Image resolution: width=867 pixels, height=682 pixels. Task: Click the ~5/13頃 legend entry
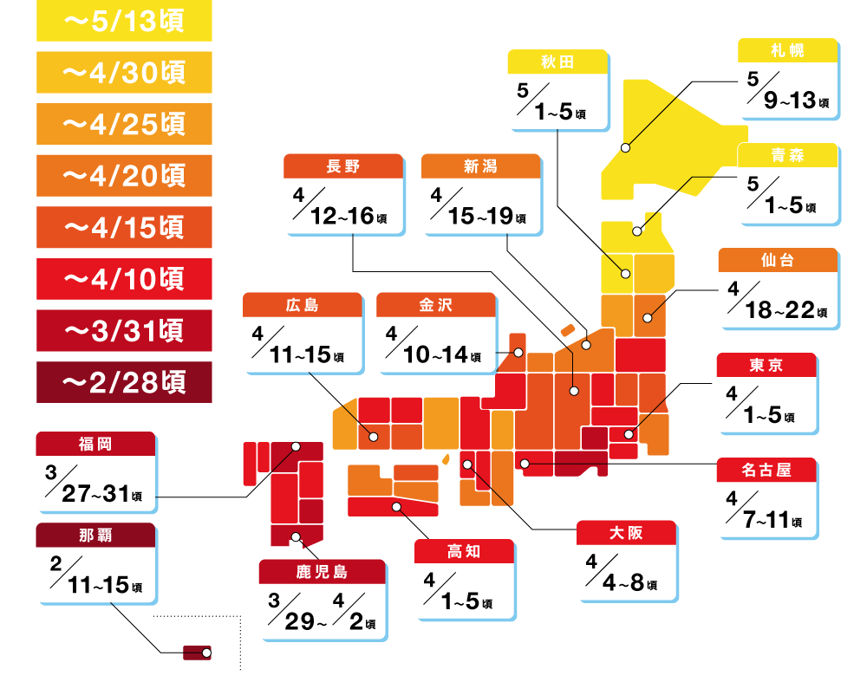point(124,21)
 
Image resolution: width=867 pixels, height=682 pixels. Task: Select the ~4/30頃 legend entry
point(124,73)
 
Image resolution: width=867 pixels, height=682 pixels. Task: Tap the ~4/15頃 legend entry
point(124,227)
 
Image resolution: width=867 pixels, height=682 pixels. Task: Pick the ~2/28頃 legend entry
point(124,381)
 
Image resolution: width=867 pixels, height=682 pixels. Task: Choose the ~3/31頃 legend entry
point(124,330)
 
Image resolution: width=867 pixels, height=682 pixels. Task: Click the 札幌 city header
point(787,50)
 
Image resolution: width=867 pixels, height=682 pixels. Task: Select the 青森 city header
point(787,155)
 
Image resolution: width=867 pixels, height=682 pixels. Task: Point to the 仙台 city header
point(778,260)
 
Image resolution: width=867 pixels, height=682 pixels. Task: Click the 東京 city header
point(766,365)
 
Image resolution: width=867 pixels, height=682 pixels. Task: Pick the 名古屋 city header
point(766,470)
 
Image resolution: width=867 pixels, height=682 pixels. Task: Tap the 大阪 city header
point(626,532)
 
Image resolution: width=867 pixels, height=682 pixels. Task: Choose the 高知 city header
point(464,551)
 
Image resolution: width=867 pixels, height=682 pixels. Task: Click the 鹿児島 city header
point(322,571)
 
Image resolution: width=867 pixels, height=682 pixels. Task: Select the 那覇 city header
point(95,535)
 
